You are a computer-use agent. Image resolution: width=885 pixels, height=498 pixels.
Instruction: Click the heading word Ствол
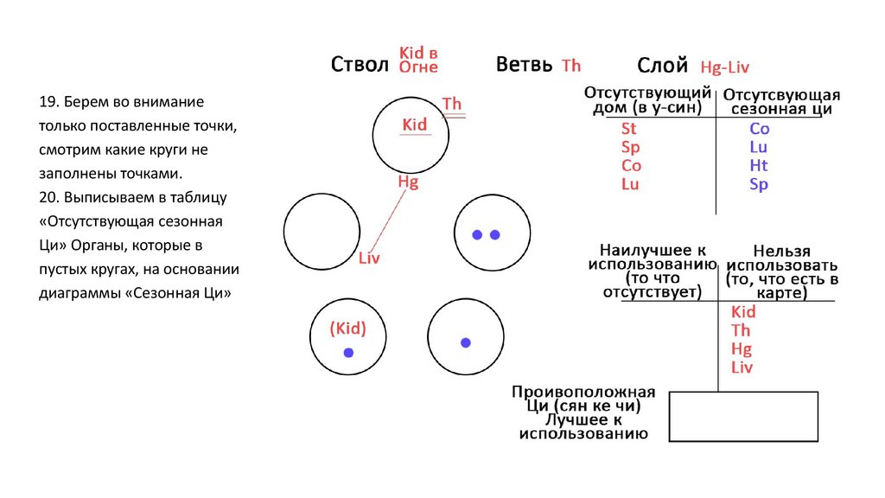360,66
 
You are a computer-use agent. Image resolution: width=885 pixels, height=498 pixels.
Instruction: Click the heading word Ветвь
524,66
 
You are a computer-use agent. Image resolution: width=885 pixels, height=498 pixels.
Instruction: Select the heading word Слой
662,66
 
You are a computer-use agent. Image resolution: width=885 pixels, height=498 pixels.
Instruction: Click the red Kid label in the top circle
415,124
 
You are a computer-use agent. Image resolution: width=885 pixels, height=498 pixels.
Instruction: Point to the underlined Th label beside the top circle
452,105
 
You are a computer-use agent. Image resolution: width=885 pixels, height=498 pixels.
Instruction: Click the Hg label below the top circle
408,182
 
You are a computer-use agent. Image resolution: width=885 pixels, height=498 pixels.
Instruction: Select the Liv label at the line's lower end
369,258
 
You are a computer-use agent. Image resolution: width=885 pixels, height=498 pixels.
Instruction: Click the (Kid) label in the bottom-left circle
348,329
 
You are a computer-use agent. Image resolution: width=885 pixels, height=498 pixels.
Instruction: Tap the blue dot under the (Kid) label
348,353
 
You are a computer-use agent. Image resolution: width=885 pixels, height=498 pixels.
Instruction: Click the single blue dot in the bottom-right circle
466,343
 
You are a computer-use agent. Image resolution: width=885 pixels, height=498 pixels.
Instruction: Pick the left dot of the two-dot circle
476,234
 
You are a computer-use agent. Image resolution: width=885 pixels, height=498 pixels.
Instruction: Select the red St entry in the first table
629,129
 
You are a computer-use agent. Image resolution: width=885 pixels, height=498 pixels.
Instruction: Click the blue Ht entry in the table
759,166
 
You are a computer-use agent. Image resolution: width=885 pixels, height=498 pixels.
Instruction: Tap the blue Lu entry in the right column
759,147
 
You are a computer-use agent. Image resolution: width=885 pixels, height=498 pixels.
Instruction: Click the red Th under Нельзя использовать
741,330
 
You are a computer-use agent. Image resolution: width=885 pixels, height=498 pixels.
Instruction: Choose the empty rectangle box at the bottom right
743,417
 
